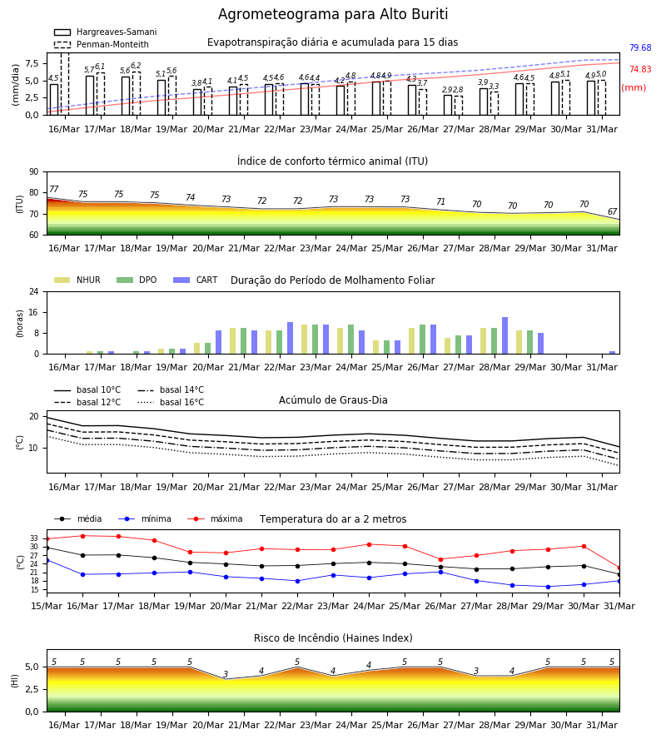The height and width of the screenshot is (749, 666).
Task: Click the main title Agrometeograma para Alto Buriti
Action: tap(333, 14)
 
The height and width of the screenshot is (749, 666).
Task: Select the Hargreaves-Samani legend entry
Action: tap(105, 32)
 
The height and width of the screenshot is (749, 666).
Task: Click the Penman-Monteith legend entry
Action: tap(102, 44)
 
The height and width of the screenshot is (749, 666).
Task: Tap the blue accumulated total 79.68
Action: tap(640, 47)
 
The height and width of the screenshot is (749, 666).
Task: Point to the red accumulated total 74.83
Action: tap(640, 69)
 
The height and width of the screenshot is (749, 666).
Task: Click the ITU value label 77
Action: tap(53, 189)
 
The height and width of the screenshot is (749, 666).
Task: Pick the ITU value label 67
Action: tap(612, 211)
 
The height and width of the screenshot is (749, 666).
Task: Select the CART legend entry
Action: tap(196, 280)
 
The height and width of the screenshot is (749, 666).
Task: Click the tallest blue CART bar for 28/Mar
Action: tap(505, 335)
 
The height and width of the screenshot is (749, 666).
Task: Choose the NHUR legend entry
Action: tap(77, 280)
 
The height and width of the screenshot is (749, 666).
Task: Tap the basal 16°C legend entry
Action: tap(171, 402)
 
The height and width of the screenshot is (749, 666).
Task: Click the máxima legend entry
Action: tap(215, 518)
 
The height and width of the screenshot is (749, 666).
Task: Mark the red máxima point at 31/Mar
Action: tap(619, 568)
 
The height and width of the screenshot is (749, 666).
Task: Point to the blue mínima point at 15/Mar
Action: tap(47, 560)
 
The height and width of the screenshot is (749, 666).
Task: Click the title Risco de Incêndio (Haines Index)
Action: tap(333, 638)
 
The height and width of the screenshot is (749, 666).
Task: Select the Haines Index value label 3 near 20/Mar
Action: tap(226, 674)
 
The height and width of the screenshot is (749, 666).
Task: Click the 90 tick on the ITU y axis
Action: tap(34, 172)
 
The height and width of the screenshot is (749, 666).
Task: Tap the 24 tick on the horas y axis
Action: tap(34, 291)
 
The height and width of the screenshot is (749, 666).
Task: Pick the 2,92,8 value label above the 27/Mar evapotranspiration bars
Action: tap(452, 90)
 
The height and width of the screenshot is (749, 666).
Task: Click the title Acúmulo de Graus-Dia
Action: tap(333, 400)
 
